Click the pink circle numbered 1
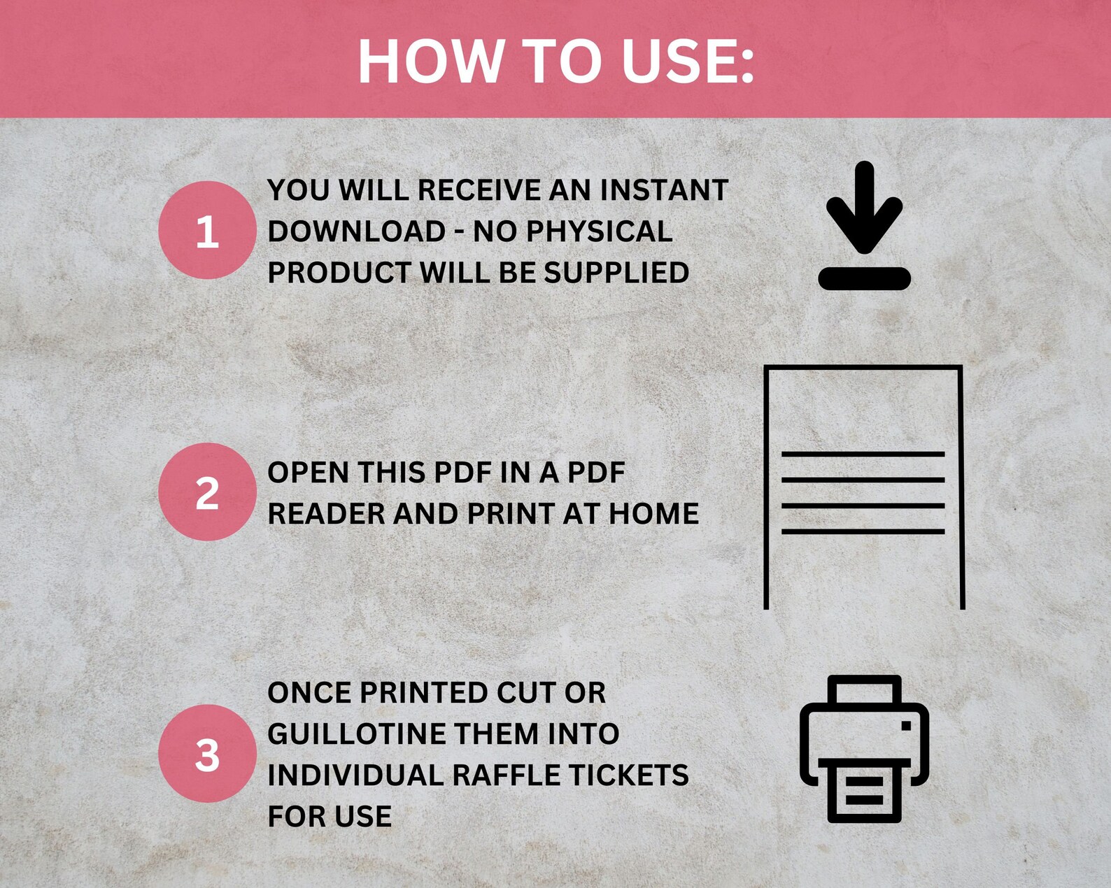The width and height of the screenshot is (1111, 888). [x=207, y=231]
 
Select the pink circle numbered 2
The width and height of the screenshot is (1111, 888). [x=207, y=492]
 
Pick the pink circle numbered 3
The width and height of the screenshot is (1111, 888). [x=207, y=754]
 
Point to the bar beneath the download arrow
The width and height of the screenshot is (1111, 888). [x=864, y=278]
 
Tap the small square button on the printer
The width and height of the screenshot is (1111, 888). [x=906, y=726]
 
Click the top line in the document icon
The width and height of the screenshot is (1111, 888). [x=863, y=454]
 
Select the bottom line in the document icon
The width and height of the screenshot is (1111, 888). [x=863, y=531]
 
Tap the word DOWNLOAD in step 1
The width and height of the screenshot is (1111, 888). [x=357, y=231]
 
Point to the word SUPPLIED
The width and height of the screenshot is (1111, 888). [x=616, y=273]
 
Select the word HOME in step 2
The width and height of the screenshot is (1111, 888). [x=653, y=514]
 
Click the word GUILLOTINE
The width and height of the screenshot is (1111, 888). [x=357, y=734]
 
